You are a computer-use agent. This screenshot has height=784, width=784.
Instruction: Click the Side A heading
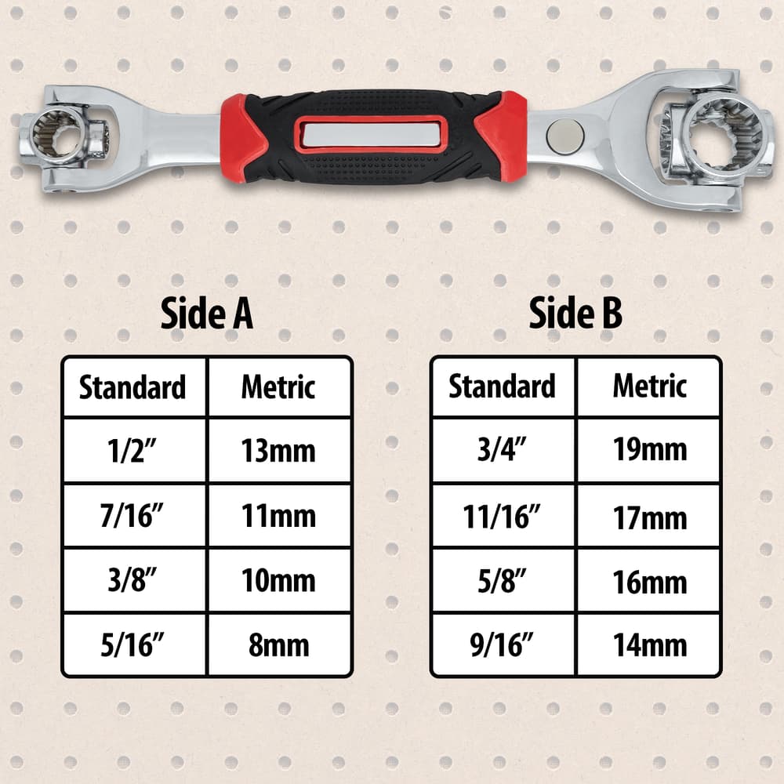[x=206, y=314]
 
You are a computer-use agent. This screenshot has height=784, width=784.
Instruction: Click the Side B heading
[x=575, y=313]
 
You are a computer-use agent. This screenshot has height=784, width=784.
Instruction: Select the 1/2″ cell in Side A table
[x=134, y=451]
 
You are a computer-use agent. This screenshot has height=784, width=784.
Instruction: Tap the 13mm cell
[x=279, y=451]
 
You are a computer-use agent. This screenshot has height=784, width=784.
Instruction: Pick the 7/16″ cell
[x=134, y=516]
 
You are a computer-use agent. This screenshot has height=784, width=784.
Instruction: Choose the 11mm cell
[x=279, y=516]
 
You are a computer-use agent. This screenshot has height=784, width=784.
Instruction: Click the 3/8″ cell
[x=134, y=580]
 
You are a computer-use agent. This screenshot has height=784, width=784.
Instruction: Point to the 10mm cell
[x=279, y=580]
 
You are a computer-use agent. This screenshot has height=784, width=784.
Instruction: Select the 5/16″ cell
[x=134, y=644]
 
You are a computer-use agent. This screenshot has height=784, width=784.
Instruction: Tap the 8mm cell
[x=279, y=644]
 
